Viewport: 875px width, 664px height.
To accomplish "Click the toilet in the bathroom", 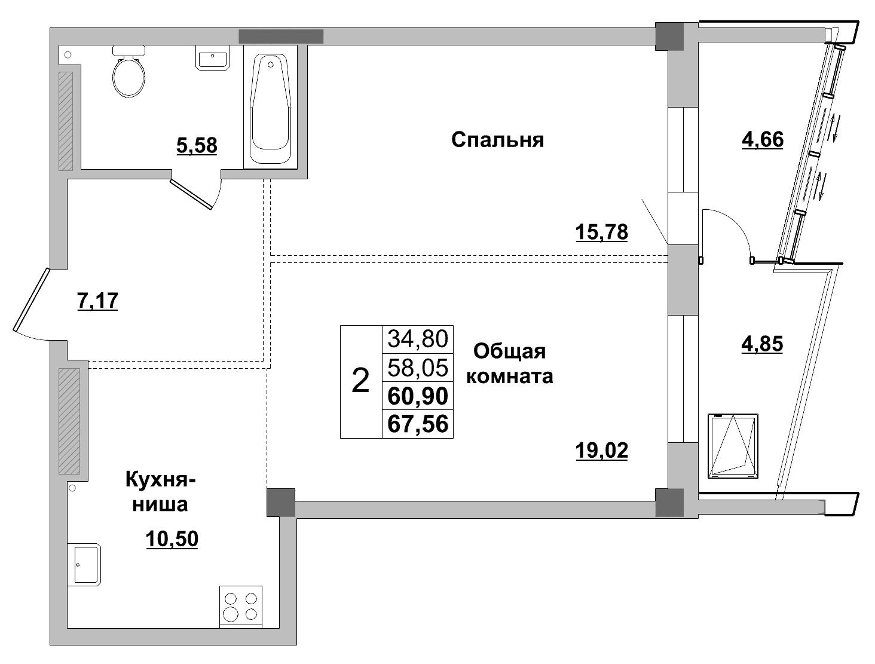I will [x=129, y=74].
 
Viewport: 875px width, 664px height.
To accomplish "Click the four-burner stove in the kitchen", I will [x=241, y=605].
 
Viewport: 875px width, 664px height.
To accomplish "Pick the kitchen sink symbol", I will [x=84, y=564].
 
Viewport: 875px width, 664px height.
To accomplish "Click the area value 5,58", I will [x=197, y=145].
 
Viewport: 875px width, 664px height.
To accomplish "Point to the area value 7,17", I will [x=98, y=301].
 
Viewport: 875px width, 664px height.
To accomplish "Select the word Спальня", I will [x=497, y=140].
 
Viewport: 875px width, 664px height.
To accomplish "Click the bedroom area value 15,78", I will [x=601, y=231].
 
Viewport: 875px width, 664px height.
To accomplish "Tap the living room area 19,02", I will [x=601, y=450].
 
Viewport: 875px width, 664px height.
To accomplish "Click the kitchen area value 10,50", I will [x=172, y=539].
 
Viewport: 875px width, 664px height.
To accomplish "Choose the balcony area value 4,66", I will [x=762, y=139].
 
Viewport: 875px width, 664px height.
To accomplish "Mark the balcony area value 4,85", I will [x=762, y=344].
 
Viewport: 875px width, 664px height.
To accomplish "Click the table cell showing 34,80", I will [x=418, y=339].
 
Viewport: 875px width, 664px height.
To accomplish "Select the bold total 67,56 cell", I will [x=418, y=424].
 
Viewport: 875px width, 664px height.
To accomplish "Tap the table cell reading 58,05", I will [x=418, y=368].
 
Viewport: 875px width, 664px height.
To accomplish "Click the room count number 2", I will [x=361, y=381].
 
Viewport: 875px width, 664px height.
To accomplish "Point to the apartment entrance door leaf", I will [x=30, y=299].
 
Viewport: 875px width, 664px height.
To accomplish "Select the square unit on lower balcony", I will [x=733, y=446].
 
